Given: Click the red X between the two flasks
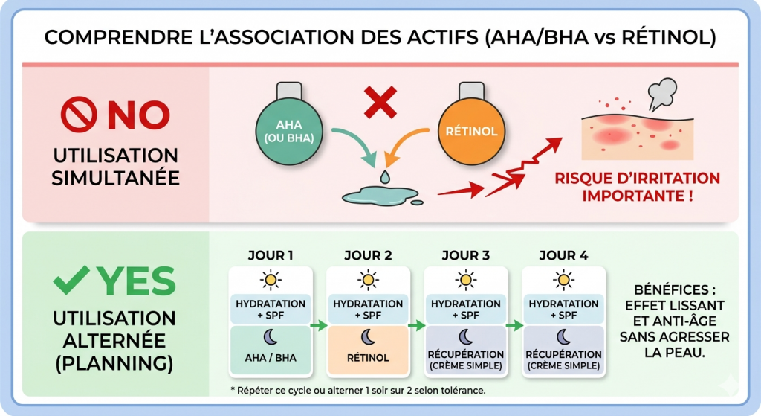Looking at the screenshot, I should (380, 103).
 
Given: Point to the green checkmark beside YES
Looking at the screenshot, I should (73, 281).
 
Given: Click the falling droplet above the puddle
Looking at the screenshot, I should (384, 177).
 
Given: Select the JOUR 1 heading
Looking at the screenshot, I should (270, 255).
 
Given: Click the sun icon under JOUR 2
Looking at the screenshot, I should (368, 280).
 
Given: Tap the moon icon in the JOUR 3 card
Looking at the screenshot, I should (465, 337).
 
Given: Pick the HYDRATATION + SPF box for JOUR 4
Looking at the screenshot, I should (563, 309).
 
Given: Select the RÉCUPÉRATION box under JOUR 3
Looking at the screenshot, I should (465, 359).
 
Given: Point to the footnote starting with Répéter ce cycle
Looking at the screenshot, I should (359, 390).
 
